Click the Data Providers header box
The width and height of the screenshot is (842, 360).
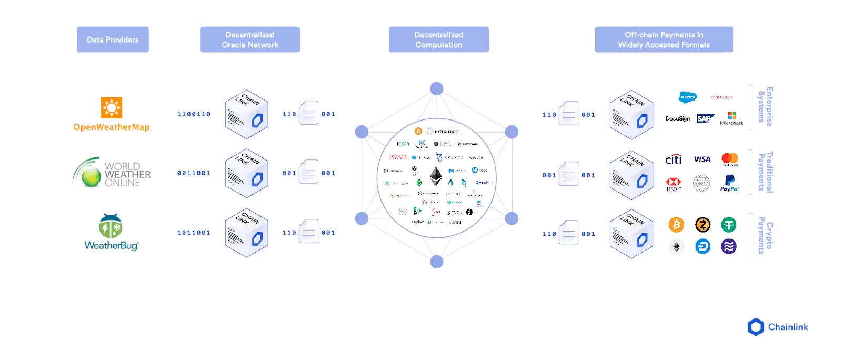pyautogui.click(x=113, y=39)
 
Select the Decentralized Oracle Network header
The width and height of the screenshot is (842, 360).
pyautogui.click(x=250, y=39)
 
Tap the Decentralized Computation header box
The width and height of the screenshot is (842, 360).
pyautogui.click(x=438, y=39)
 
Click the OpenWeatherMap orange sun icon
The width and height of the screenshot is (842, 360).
pyautogui.click(x=112, y=107)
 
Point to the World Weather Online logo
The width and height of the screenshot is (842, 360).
pyautogui.click(x=112, y=173)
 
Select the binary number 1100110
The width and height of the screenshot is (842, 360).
pyautogui.click(x=194, y=114)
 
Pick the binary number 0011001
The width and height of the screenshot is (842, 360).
pyautogui.click(x=194, y=173)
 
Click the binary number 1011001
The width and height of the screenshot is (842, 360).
pyautogui.click(x=194, y=233)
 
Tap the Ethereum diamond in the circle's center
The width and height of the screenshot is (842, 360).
pyautogui.click(x=436, y=176)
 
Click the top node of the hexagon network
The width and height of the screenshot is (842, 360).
pyautogui.click(x=436, y=88)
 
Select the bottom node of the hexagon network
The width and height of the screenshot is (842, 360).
pyautogui.click(x=436, y=262)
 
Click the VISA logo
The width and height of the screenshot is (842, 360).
pyautogui.click(x=702, y=159)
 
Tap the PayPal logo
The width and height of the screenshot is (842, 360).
pyautogui.click(x=729, y=183)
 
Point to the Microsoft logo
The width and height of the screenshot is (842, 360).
pyautogui.click(x=731, y=118)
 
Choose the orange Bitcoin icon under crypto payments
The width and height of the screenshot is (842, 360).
pyautogui.click(x=676, y=225)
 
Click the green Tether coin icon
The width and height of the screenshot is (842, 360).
pyautogui.click(x=729, y=225)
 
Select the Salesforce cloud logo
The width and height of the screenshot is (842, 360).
pyautogui.click(x=687, y=97)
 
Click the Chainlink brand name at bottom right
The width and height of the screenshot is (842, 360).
pyautogui.click(x=788, y=327)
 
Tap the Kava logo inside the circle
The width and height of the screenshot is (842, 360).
pyautogui.click(x=398, y=157)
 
